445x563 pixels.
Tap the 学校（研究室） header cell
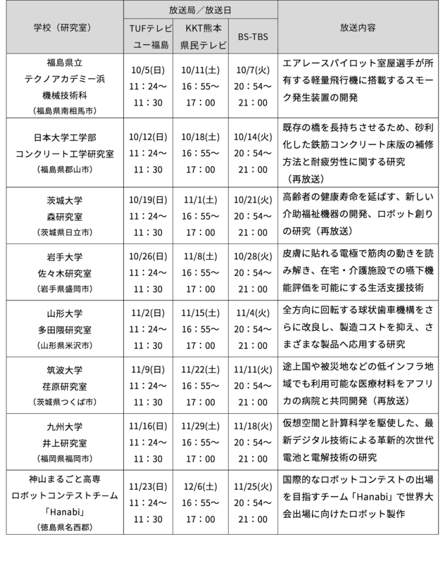(x=66, y=29)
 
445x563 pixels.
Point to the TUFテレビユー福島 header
(x=149, y=37)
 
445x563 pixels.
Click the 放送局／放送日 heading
(x=201, y=10)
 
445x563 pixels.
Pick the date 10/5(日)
(x=149, y=70)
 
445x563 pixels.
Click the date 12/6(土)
(x=201, y=486)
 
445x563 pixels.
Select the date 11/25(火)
(x=253, y=486)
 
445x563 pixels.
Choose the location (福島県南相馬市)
(x=65, y=110)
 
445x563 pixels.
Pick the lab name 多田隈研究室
(x=65, y=329)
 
